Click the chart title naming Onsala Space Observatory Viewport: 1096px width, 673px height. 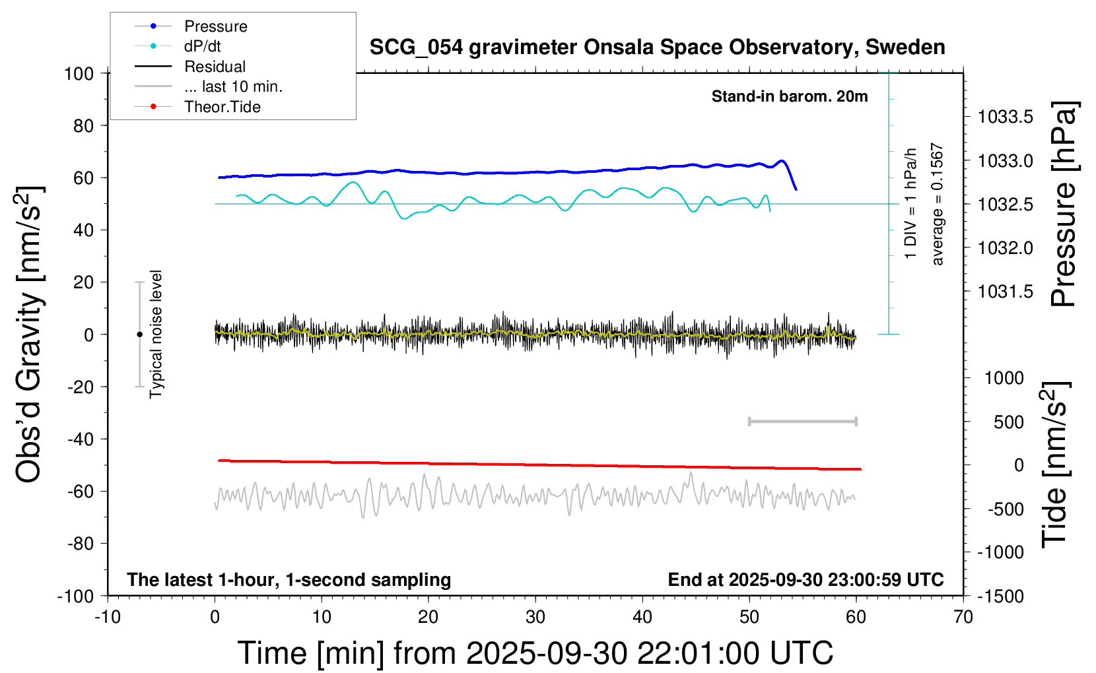[x=657, y=48]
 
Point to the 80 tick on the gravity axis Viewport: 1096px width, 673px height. [x=84, y=125]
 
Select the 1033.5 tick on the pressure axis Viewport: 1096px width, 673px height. [x=1006, y=117]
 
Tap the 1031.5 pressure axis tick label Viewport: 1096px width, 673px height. [x=1006, y=292]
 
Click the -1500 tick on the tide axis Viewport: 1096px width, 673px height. [x=1001, y=596]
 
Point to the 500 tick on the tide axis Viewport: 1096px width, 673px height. [x=1009, y=422]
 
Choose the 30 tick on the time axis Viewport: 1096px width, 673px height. [x=535, y=618]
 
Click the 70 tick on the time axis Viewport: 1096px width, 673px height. [x=963, y=618]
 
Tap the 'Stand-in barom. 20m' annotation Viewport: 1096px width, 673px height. [x=790, y=96]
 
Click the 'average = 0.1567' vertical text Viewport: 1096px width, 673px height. [x=938, y=205]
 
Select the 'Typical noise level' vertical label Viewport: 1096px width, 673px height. [x=156, y=334]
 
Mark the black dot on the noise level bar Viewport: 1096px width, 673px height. [x=139, y=335]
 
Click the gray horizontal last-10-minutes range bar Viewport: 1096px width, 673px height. [x=802, y=421]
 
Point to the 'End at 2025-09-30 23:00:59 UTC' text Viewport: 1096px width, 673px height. [x=805, y=580]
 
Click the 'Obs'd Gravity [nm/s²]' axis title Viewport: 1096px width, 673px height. [x=30, y=334]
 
